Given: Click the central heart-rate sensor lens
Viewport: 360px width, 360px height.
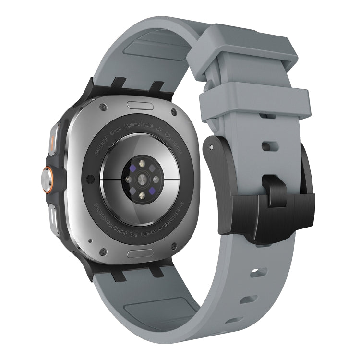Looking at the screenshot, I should coord(142,179).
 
